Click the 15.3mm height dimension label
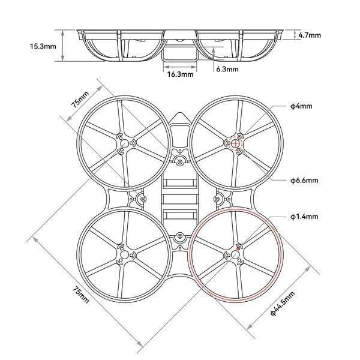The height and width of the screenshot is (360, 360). tap(43, 46)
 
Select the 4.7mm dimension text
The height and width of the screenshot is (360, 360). tap(310, 35)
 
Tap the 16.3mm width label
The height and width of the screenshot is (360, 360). tap(180, 75)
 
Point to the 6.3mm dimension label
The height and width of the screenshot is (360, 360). tap(227, 70)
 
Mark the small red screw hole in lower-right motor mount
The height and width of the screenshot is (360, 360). tap(239, 246)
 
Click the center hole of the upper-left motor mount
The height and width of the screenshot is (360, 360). tap(124, 143)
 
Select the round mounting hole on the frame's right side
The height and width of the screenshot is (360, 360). tap(218, 199)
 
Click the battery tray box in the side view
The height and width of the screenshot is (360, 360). tap(179, 53)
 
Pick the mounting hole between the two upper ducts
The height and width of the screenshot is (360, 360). tap(179, 160)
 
